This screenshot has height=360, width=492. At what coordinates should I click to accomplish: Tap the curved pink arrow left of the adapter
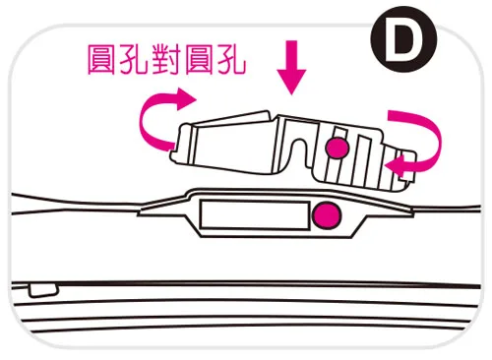[x=163, y=114]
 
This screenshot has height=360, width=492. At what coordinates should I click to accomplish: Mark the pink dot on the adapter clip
[x=337, y=149]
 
